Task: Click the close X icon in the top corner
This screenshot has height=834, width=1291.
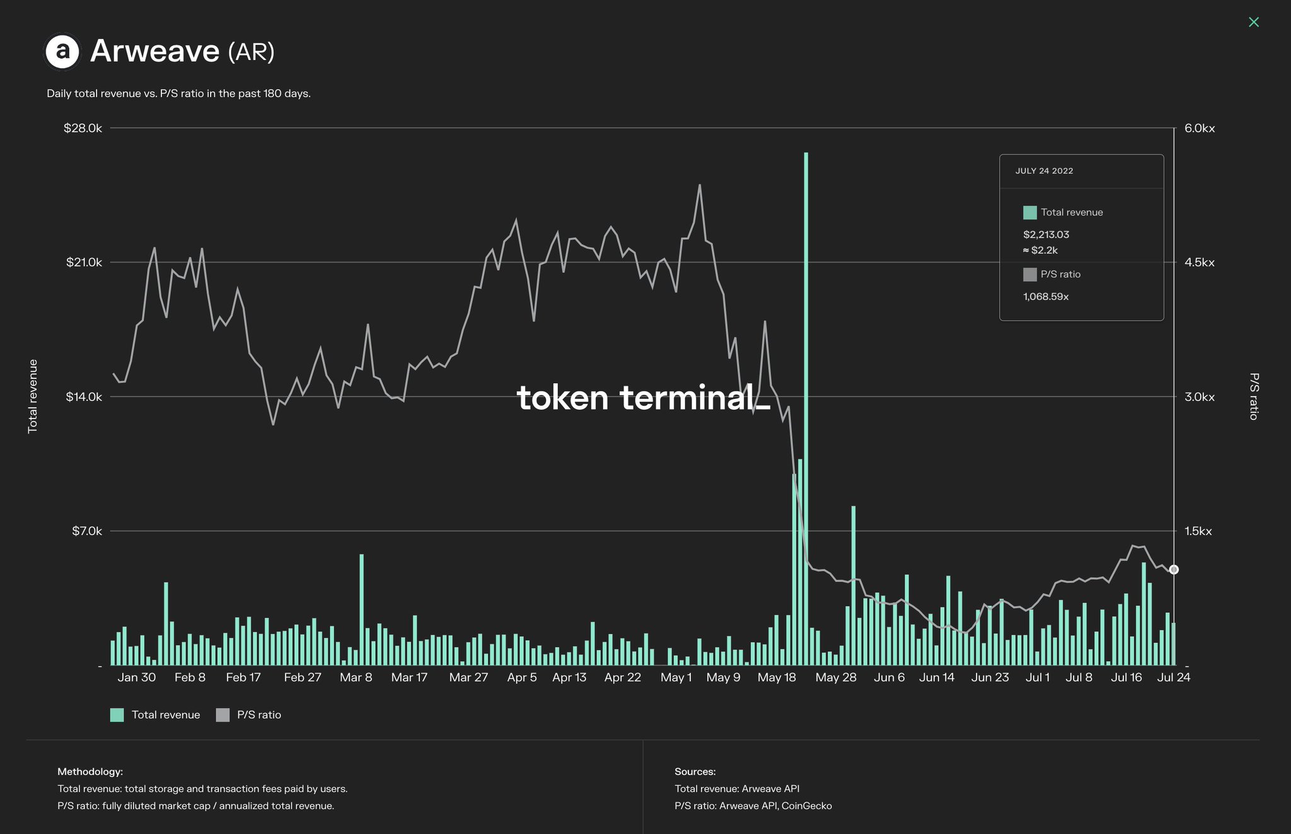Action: pyautogui.click(x=1254, y=22)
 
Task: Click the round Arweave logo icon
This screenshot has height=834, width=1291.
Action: pyautogui.click(x=62, y=51)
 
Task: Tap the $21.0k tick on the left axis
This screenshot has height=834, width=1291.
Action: pyautogui.click(x=84, y=262)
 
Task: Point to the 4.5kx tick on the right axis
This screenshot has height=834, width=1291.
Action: pyautogui.click(x=1199, y=262)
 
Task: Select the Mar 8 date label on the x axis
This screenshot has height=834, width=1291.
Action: pyautogui.click(x=356, y=678)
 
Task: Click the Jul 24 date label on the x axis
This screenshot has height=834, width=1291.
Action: pyautogui.click(x=1174, y=678)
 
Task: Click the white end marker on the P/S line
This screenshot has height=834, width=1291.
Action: pyautogui.click(x=1174, y=570)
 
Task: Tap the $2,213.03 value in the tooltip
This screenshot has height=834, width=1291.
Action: pyautogui.click(x=1046, y=235)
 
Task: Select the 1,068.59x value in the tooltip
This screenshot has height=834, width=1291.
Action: pyautogui.click(x=1046, y=296)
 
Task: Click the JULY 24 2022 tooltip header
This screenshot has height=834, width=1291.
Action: pyautogui.click(x=1044, y=171)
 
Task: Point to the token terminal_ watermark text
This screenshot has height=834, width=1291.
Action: pyautogui.click(x=643, y=398)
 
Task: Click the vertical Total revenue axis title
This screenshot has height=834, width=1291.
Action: pyautogui.click(x=33, y=397)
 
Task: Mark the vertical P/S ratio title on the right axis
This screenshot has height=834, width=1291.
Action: pyautogui.click(x=1254, y=397)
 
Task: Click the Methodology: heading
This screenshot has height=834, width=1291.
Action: pyautogui.click(x=90, y=772)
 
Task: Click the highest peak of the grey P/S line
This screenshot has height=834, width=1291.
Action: pyautogui.click(x=700, y=185)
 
